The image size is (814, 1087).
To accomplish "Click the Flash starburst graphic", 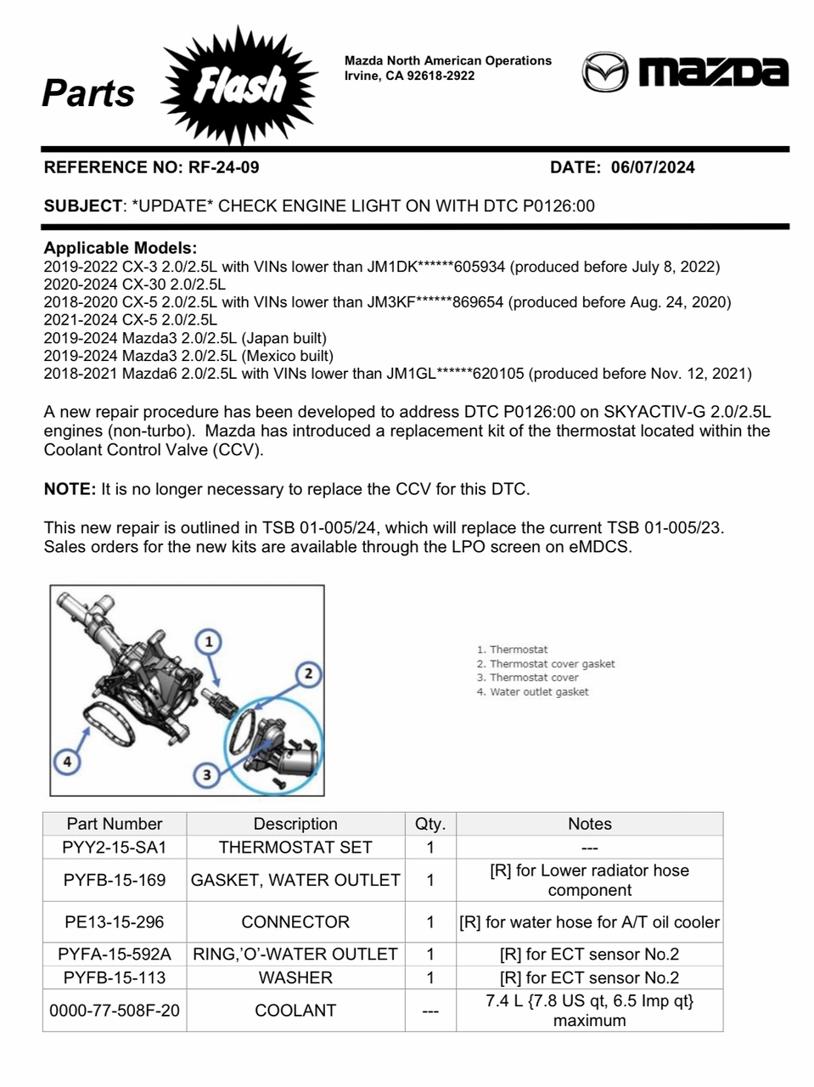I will pos(240,85).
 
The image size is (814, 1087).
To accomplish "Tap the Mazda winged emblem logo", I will pos(604,72).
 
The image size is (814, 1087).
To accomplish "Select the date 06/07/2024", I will pos(652,167).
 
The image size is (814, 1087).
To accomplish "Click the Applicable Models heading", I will pos(121,248).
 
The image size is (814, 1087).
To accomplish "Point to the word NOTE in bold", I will pos(70,489).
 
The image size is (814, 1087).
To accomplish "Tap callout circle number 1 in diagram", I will pos(209,641).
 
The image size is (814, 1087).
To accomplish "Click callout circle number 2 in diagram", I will pos(308,674).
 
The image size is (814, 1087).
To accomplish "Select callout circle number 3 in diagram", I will pos(207,774).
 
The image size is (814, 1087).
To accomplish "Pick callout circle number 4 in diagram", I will pos(67,761).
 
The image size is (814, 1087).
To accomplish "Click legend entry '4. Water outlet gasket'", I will pos(532,692).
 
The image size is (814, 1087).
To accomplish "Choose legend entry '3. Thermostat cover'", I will pos(527,678).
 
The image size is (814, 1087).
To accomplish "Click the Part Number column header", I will pos(115,824).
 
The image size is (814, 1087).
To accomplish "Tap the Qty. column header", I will pos(430,824).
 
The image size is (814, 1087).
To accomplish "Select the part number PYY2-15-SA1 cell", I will pos(115,847).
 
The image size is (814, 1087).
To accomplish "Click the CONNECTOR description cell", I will pos(295,922).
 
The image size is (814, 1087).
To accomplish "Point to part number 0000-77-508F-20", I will pos(115,1011).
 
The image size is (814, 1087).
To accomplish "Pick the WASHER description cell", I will pos(295,977).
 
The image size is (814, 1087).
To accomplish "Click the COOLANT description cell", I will pos(295,1011).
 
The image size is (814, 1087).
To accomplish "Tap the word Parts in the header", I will pos(88,93).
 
